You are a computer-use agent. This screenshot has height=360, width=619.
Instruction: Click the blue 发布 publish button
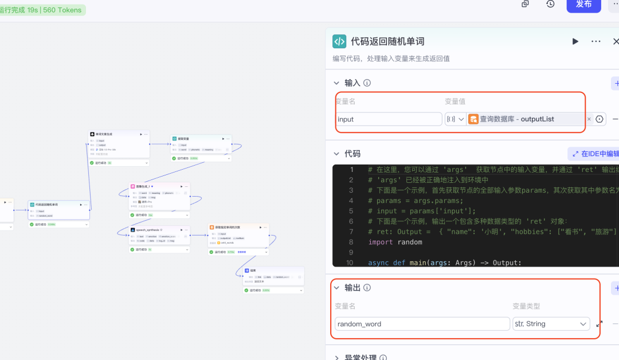click(x=583, y=5)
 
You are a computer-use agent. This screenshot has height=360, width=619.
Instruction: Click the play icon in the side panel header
click(x=575, y=41)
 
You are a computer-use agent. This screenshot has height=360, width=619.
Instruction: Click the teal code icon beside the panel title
click(x=339, y=41)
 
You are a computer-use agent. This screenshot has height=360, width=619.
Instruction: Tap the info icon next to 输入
click(x=367, y=83)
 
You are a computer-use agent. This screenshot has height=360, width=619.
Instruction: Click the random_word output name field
click(x=422, y=324)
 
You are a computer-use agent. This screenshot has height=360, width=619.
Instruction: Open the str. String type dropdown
click(x=551, y=324)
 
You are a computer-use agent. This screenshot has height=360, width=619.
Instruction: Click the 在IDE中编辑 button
click(x=593, y=154)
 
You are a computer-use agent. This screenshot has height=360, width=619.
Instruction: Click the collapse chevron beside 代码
click(x=336, y=154)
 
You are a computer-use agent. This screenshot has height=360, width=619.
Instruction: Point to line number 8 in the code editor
click(x=351, y=242)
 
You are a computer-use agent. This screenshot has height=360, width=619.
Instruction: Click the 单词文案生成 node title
click(x=104, y=134)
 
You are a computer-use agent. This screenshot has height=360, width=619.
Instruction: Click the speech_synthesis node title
click(x=148, y=230)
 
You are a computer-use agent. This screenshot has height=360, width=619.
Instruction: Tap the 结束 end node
click(x=253, y=271)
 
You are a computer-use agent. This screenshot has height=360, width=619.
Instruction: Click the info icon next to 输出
click(x=367, y=288)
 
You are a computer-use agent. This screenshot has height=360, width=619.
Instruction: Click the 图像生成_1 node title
click(x=143, y=186)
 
